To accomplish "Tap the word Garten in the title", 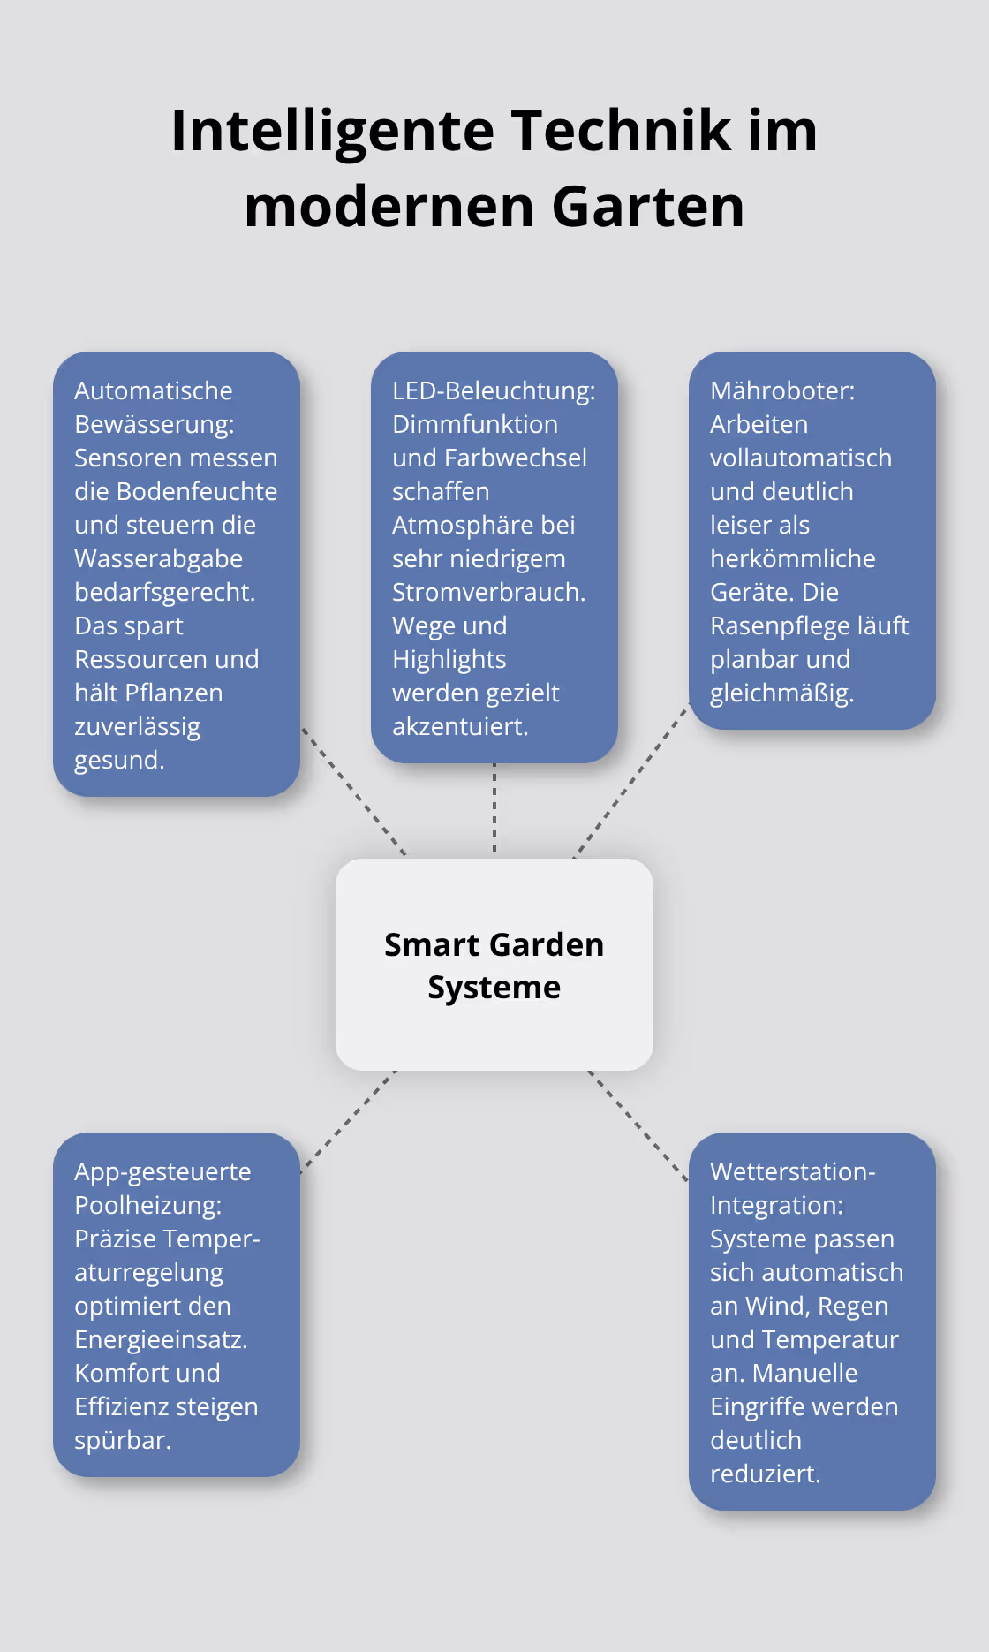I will (648, 207).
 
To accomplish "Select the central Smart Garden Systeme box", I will (494, 965).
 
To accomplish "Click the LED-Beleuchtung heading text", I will (493, 391).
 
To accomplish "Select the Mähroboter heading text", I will (781, 391).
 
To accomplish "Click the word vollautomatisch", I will (800, 458).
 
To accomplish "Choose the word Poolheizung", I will (147, 1206).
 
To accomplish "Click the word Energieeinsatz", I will (160, 1340).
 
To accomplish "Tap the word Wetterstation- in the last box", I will (792, 1172).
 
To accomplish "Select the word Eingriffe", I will (763, 1407).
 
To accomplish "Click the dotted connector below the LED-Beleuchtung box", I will (494, 808).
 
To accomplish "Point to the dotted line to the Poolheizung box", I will (348, 1121).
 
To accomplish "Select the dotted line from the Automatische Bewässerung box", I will (353, 792).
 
